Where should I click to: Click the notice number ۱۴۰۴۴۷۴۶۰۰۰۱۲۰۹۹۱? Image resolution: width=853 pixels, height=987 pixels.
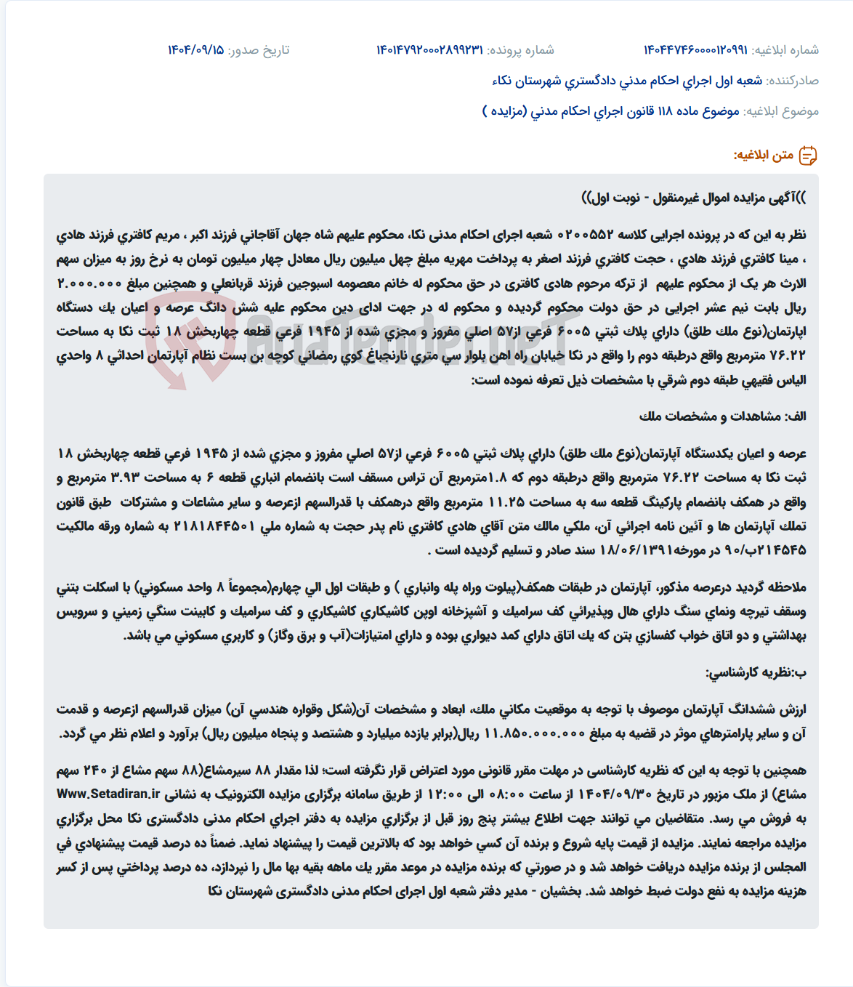coord(695,50)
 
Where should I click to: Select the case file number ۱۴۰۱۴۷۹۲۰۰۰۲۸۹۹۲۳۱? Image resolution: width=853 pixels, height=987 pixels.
coord(429,50)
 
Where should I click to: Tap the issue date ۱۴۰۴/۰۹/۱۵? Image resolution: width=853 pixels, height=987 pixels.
coord(195,50)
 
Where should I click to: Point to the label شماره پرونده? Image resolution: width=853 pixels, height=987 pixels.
coord(520,50)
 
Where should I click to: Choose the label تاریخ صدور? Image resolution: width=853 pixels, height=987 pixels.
coord(259,50)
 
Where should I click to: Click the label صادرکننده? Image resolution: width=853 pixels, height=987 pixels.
coord(793,81)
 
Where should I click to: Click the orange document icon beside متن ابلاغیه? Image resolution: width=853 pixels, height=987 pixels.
coord(808,155)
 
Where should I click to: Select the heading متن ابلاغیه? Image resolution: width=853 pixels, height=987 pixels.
coord(763,155)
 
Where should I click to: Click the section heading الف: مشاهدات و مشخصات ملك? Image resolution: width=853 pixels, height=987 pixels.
coord(722,416)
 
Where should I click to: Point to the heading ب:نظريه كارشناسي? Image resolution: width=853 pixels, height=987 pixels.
coord(755,672)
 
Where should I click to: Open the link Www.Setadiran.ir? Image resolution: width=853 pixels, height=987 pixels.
coord(108,794)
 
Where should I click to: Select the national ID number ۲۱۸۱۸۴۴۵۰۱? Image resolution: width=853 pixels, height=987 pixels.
coord(215,526)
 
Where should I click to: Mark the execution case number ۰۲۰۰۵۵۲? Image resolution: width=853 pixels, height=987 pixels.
coord(585,235)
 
